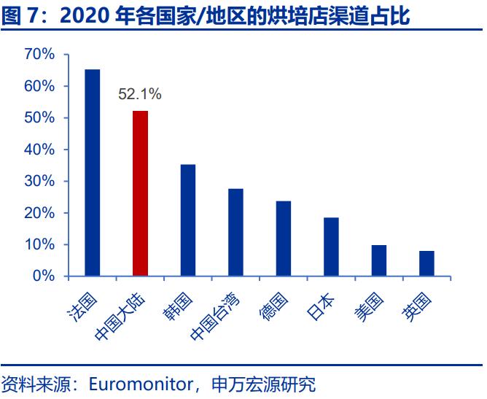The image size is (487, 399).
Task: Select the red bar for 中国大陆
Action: pyautogui.click(x=140, y=193)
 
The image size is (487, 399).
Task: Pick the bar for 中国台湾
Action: pyautogui.click(x=235, y=232)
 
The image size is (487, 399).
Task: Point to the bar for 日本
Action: pyautogui.click(x=331, y=247)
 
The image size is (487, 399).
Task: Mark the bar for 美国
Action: pyautogui.click(x=379, y=260)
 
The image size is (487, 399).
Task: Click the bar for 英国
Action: pyautogui.click(x=426, y=263)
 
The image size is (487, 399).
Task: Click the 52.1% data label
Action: pyautogui.click(x=139, y=94)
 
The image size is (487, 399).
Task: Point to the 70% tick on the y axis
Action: pyautogui.click(x=39, y=55)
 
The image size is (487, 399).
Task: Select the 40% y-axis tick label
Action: pyautogui.click(x=39, y=150)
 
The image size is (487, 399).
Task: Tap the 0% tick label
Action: pyautogui.click(x=44, y=276)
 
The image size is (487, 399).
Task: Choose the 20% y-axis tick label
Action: pyautogui.click(x=39, y=213)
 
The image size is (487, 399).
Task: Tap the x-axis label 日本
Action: pyautogui.click(x=321, y=306)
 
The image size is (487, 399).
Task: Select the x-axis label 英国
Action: pyautogui.click(x=416, y=306)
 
